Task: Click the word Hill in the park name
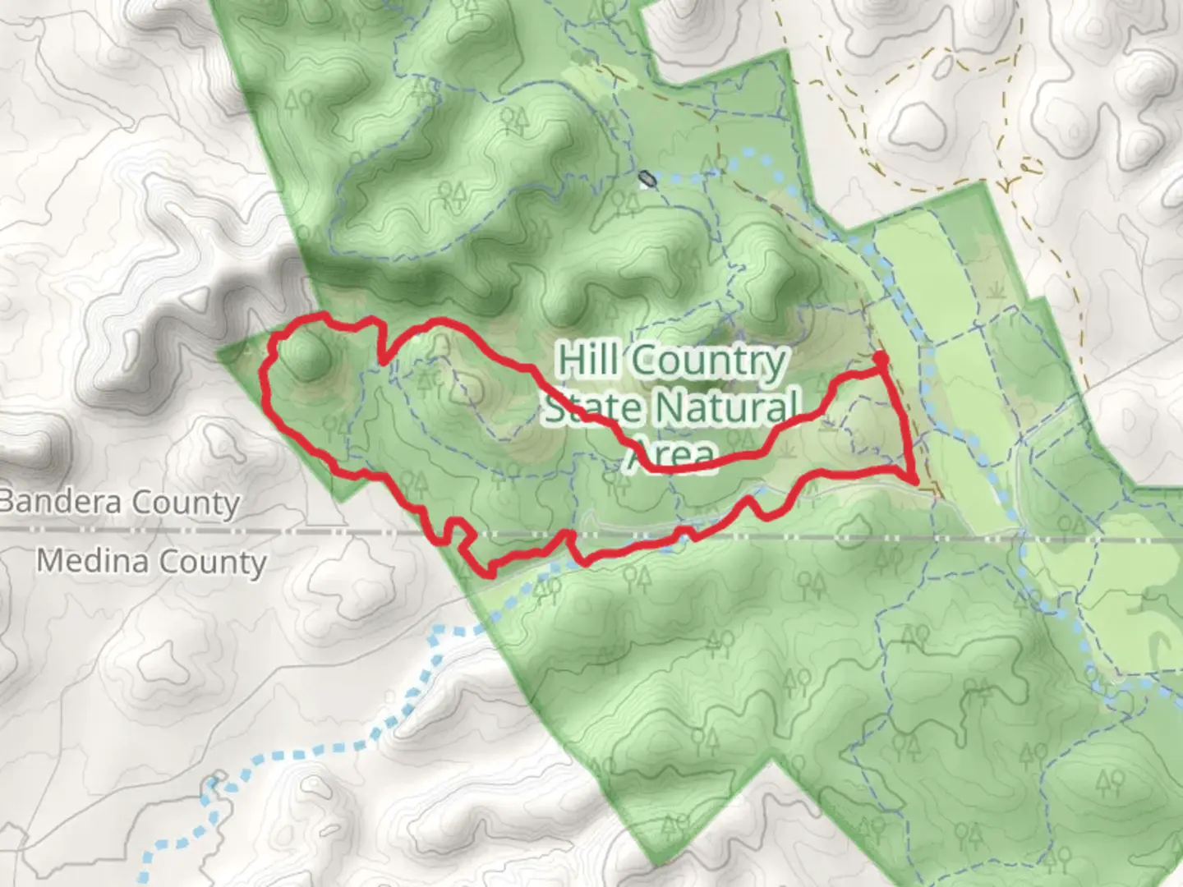[x=587, y=361]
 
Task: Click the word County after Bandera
[x=186, y=503]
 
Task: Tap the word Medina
[x=91, y=561]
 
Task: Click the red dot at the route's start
[x=880, y=359]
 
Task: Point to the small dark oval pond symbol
[x=648, y=177]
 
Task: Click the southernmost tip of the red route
[x=490, y=574]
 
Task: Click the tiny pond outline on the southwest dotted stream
[x=215, y=780]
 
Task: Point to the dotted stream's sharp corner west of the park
[x=435, y=632]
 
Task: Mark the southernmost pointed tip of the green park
[x=657, y=862]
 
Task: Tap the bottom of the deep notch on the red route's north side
[x=383, y=361]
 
